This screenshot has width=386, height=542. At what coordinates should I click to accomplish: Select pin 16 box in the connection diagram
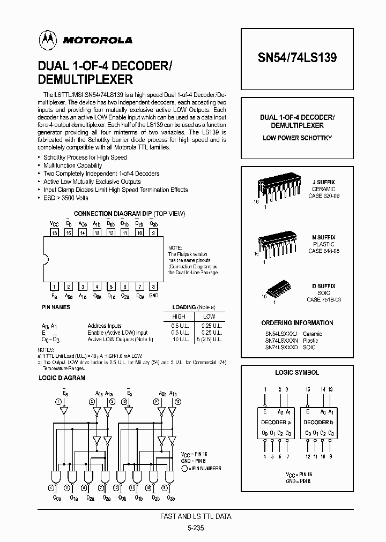(x=54, y=233)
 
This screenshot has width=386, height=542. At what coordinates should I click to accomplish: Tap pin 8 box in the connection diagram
(x=153, y=287)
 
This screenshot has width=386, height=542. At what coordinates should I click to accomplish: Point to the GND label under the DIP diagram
(x=153, y=296)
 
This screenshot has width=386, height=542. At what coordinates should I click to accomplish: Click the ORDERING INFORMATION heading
(x=297, y=323)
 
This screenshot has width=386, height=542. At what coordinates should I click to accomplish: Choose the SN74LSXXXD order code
(x=282, y=348)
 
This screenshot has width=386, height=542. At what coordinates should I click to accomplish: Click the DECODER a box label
(x=276, y=422)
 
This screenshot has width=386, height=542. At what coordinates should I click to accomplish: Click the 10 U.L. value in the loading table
(x=180, y=340)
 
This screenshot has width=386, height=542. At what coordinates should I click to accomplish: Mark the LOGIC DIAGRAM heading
(x=62, y=378)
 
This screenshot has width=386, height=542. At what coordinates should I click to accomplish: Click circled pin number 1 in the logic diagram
(x=57, y=401)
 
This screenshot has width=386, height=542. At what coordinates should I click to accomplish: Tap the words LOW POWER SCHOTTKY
(x=297, y=138)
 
